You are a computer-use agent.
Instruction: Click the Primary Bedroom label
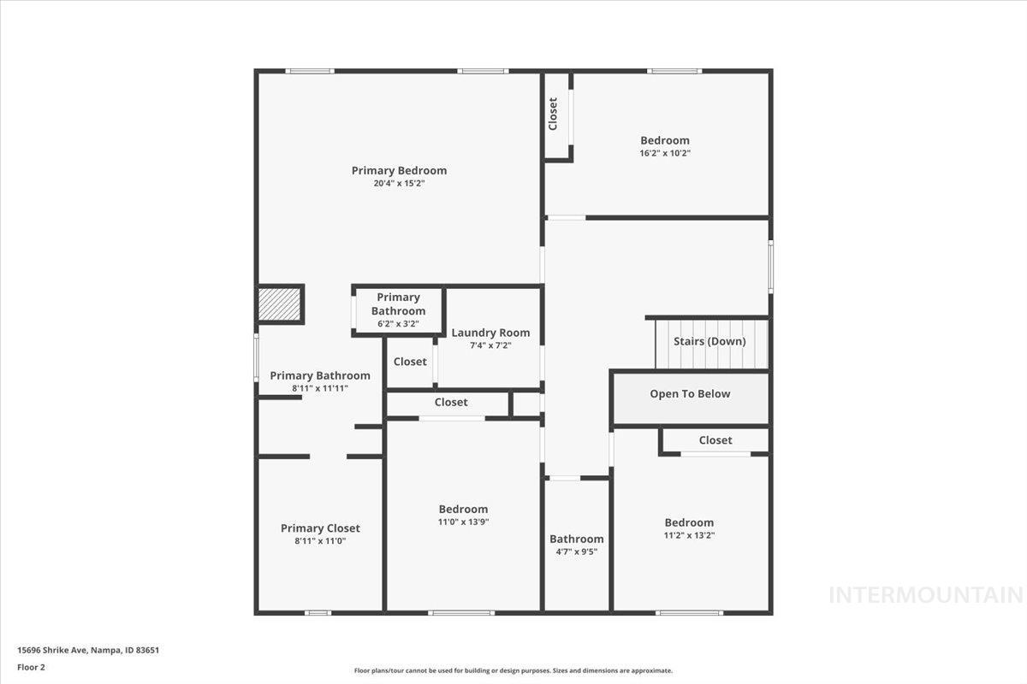pos(399,170)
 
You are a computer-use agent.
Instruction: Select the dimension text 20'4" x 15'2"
pos(399,183)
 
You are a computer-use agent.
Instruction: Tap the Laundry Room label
pos(490,333)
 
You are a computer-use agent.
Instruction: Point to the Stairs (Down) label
pos(709,341)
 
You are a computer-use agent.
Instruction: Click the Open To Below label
pos(690,394)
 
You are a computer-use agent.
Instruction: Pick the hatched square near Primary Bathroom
pos(280,304)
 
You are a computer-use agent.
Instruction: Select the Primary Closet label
pos(320,528)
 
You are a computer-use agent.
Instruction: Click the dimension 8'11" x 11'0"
pos(320,541)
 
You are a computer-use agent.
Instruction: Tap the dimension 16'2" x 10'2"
pos(665,153)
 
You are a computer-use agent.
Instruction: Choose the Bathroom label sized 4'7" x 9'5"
pos(576,539)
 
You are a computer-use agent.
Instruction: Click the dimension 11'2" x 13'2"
pos(689,535)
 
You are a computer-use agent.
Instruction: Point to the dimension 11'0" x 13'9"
pos(463,522)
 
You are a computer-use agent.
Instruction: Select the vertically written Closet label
pos(553,114)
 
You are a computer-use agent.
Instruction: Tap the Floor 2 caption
pos(31,667)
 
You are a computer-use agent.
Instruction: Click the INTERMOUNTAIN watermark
pos(926,594)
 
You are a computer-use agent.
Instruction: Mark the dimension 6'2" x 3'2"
pos(398,324)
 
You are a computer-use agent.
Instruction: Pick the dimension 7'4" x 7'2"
pos(490,345)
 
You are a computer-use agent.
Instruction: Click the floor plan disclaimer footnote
pos(513,670)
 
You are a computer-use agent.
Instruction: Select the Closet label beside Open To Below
pos(715,440)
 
